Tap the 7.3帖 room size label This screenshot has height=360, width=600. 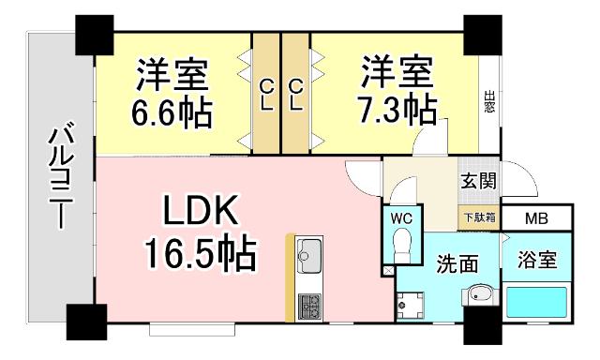coord(397,109)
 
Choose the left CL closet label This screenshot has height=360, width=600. coord(266,94)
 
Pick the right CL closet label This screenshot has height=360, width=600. coord(296,94)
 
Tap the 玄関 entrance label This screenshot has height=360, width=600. coord(477,181)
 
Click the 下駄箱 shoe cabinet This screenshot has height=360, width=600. coord(479,217)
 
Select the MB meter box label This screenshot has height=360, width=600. coord(536,218)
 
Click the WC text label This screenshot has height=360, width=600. coord(401,217)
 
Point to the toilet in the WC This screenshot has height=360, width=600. coord(401,246)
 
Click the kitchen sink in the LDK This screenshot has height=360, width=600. coord(309,253)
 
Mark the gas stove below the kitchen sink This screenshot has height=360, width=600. coord(308,304)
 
